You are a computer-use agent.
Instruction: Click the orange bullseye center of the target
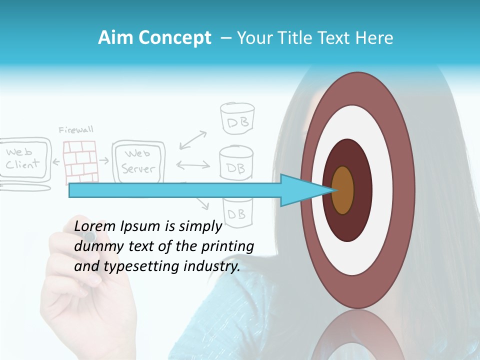(x=342, y=190)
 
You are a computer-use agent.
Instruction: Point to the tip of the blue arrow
(x=334, y=190)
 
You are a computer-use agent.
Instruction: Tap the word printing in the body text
(x=228, y=246)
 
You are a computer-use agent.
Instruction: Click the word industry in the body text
(x=212, y=266)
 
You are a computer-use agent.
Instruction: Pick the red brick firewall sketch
(x=80, y=161)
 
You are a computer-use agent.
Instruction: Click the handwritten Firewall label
(x=76, y=130)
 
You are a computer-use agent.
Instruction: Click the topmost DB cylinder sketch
(x=238, y=119)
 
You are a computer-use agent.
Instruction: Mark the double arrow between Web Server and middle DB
(x=192, y=164)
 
